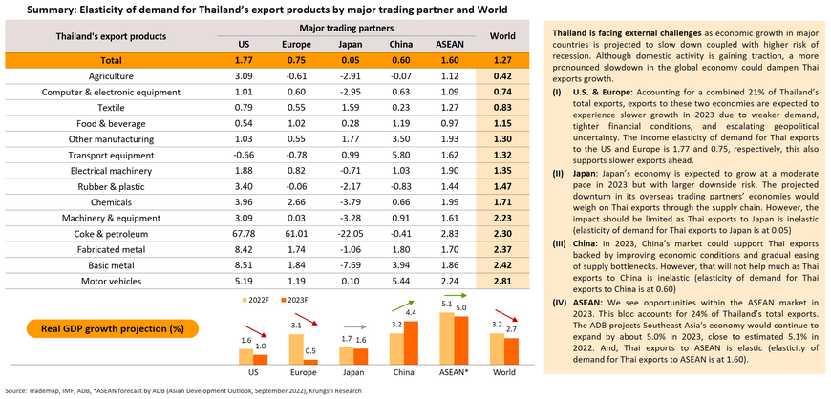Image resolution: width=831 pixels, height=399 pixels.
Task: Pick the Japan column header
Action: tap(350, 44)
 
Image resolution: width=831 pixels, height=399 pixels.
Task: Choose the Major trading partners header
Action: tap(345, 28)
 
